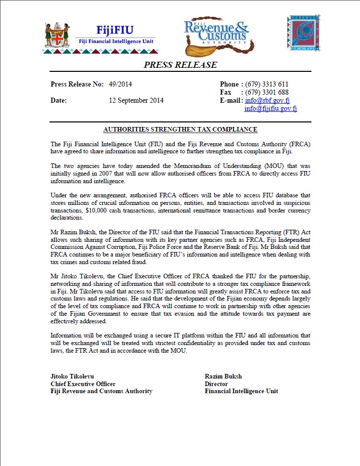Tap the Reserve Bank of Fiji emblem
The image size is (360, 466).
[x=303, y=34]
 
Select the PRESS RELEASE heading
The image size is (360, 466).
[x=181, y=65]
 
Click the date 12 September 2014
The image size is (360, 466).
[x=136, y=100]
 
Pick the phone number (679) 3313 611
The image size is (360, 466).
[x=266, y=84]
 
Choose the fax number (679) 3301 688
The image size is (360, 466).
[x=266, y=92]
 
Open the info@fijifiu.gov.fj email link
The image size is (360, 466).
[x=271, y=108]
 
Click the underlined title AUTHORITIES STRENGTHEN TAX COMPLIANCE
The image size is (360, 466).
[x=180, y=130]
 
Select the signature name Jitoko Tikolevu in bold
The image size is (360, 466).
[x=72, y=376]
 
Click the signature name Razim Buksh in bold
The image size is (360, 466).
[x=222, y=376]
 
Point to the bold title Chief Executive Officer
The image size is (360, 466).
[x=83, y=384]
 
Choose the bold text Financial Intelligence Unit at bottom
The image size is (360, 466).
[x=241, y=391]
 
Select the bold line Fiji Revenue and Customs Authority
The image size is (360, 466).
[x=101, y=391]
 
